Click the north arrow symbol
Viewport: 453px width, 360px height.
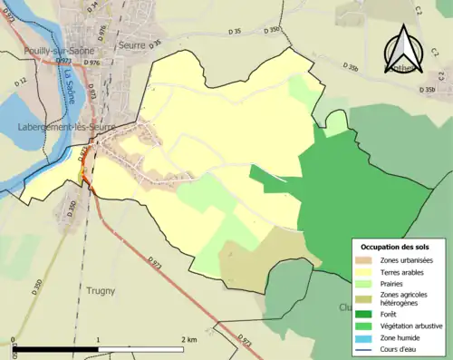pyautogui.click(x=404, y=51)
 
